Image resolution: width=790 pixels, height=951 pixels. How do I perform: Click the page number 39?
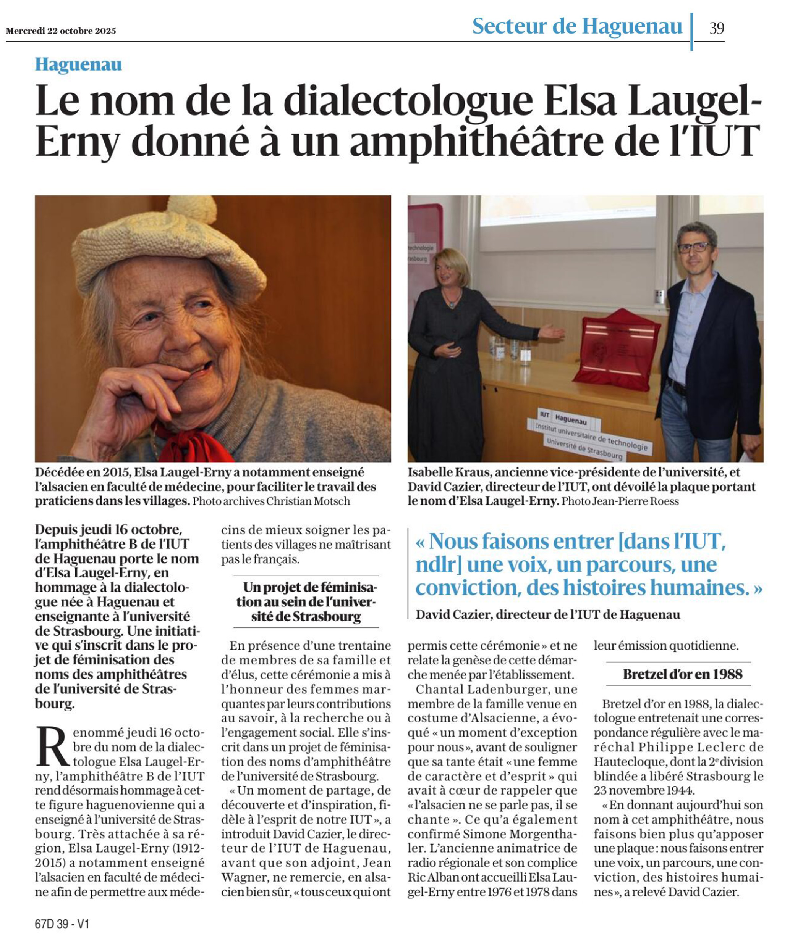coord(717,28)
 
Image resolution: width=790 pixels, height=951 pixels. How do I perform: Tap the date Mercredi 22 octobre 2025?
coord(61,31)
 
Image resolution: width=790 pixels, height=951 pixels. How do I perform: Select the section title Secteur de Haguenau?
coord(576,26)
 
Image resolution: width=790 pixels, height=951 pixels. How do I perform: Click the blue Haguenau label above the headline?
coord(78,65)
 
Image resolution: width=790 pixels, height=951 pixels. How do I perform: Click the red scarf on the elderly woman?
coord(190,443)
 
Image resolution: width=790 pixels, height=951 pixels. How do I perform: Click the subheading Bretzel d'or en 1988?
coord(682,674)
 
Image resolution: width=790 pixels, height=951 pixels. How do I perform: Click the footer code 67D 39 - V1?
coord(62,924)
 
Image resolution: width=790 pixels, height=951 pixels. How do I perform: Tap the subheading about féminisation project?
coord(306,602)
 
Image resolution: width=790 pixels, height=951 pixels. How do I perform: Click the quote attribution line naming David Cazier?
coord(547,614)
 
